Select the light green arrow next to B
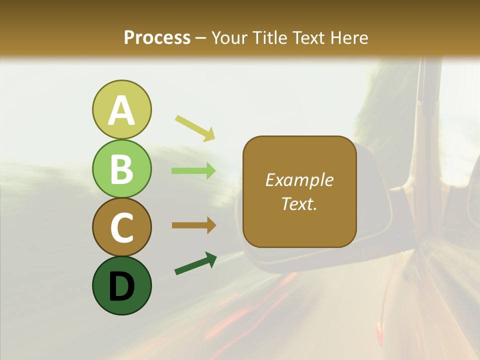click(193, 171)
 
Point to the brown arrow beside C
click(193, 225)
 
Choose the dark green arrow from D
click(195, 264)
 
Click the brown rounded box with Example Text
click(299, 192)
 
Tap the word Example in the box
click(299, 180)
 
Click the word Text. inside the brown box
click(299, 204)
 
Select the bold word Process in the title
click(157, 37)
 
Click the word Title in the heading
click(268, 37)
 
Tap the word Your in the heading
click(229, 37)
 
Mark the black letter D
click(121, 286)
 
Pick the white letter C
click(121, 228)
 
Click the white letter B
click(121, 169)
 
